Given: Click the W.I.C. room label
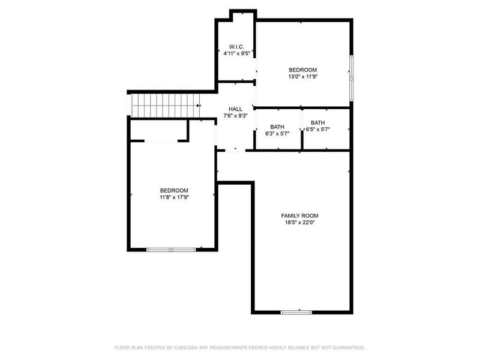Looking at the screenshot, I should [x=235, y=46].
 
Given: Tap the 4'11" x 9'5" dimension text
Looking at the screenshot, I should [x=235, y=53].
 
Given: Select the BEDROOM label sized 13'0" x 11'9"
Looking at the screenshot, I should [x=303, y=70].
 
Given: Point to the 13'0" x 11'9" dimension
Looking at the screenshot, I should [x=303, y=77].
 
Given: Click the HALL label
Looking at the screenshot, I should [x=235, y=109].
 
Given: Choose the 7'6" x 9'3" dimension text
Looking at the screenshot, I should [x=235, y=116].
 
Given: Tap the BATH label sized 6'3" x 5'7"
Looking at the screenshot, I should [x=277, y=127].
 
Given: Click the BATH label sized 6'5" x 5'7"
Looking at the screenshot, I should [x=318, y=123].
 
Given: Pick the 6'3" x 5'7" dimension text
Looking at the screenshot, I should [x=277, y=134].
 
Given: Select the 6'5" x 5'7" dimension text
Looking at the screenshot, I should [x=318, y=130].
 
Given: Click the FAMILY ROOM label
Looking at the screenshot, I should [x=299, y=215].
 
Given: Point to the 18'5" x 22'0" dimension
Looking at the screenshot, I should [x=299, y=223].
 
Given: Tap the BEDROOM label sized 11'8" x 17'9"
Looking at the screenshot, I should [x=174, y=190].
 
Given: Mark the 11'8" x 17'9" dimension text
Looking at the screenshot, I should [x=174, y=197].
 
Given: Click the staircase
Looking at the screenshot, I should [x=165, y=106].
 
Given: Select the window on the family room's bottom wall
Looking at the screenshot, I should [x=296, y=312].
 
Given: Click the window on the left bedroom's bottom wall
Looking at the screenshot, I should [x=172, y=250].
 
